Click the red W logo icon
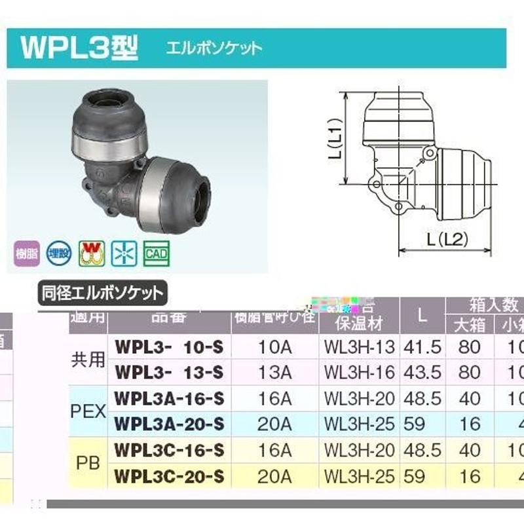tap(92, 253)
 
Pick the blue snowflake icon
tap(122, 253)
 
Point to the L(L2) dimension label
tap(447, 240)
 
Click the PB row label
tap(88, 463)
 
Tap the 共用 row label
tap(88, 359)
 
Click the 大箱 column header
tap(470, 326)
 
